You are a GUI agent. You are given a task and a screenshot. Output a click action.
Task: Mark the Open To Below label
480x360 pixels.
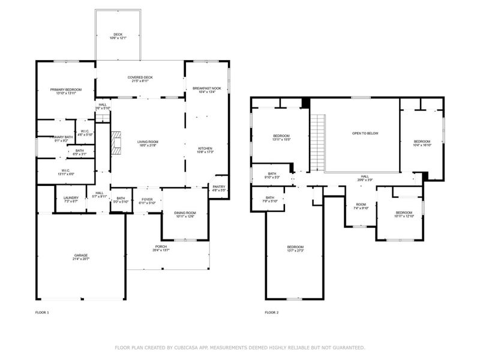(365, 133)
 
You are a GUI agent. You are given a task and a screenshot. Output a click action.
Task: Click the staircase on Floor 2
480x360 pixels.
(317, 143)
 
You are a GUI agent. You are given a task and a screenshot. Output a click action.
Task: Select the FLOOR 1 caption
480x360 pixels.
(42, 313)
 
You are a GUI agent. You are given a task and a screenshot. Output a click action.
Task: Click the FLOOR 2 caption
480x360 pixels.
(272, 313)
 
